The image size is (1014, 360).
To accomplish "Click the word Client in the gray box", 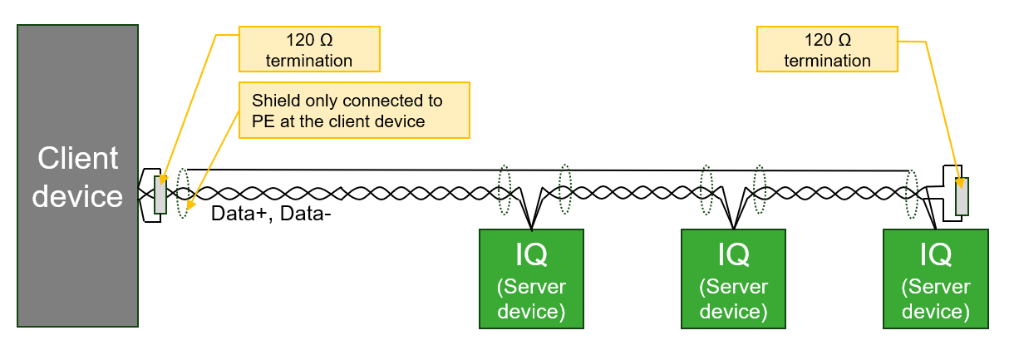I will pyautogui.click(x=77, y=159).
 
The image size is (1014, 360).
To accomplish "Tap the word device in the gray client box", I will pyautogui.click(x=77, y=196).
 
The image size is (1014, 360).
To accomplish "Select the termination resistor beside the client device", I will pyautogui.click(x=160, y=195).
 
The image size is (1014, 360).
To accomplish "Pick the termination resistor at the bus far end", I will pyautogui.click(x=962, y=195).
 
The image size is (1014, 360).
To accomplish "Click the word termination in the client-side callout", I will pyautogui.click(x=308, y=61).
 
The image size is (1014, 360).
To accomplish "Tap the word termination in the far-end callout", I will pyautogui.click(x=827, y=61).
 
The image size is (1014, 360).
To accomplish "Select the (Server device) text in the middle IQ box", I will pyautogui.click(x=733, y=299).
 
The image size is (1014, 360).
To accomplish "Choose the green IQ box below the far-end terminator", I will pyautogui.click(x=936, y=279).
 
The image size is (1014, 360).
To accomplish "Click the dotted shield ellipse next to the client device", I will pyautogui.click(x=183, y=193).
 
